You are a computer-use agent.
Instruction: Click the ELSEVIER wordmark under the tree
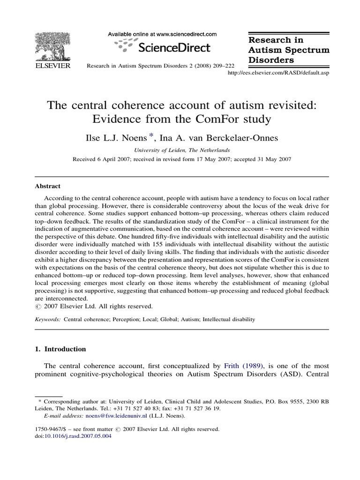(52, 67)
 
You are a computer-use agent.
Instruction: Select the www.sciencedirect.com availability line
(163, 34)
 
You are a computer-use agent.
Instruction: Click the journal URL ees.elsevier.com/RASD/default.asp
(278, 74)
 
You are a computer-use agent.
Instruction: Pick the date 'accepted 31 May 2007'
(260, 159)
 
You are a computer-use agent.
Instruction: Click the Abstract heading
(48, 186)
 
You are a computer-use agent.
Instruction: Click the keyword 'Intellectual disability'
(229, 320)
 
